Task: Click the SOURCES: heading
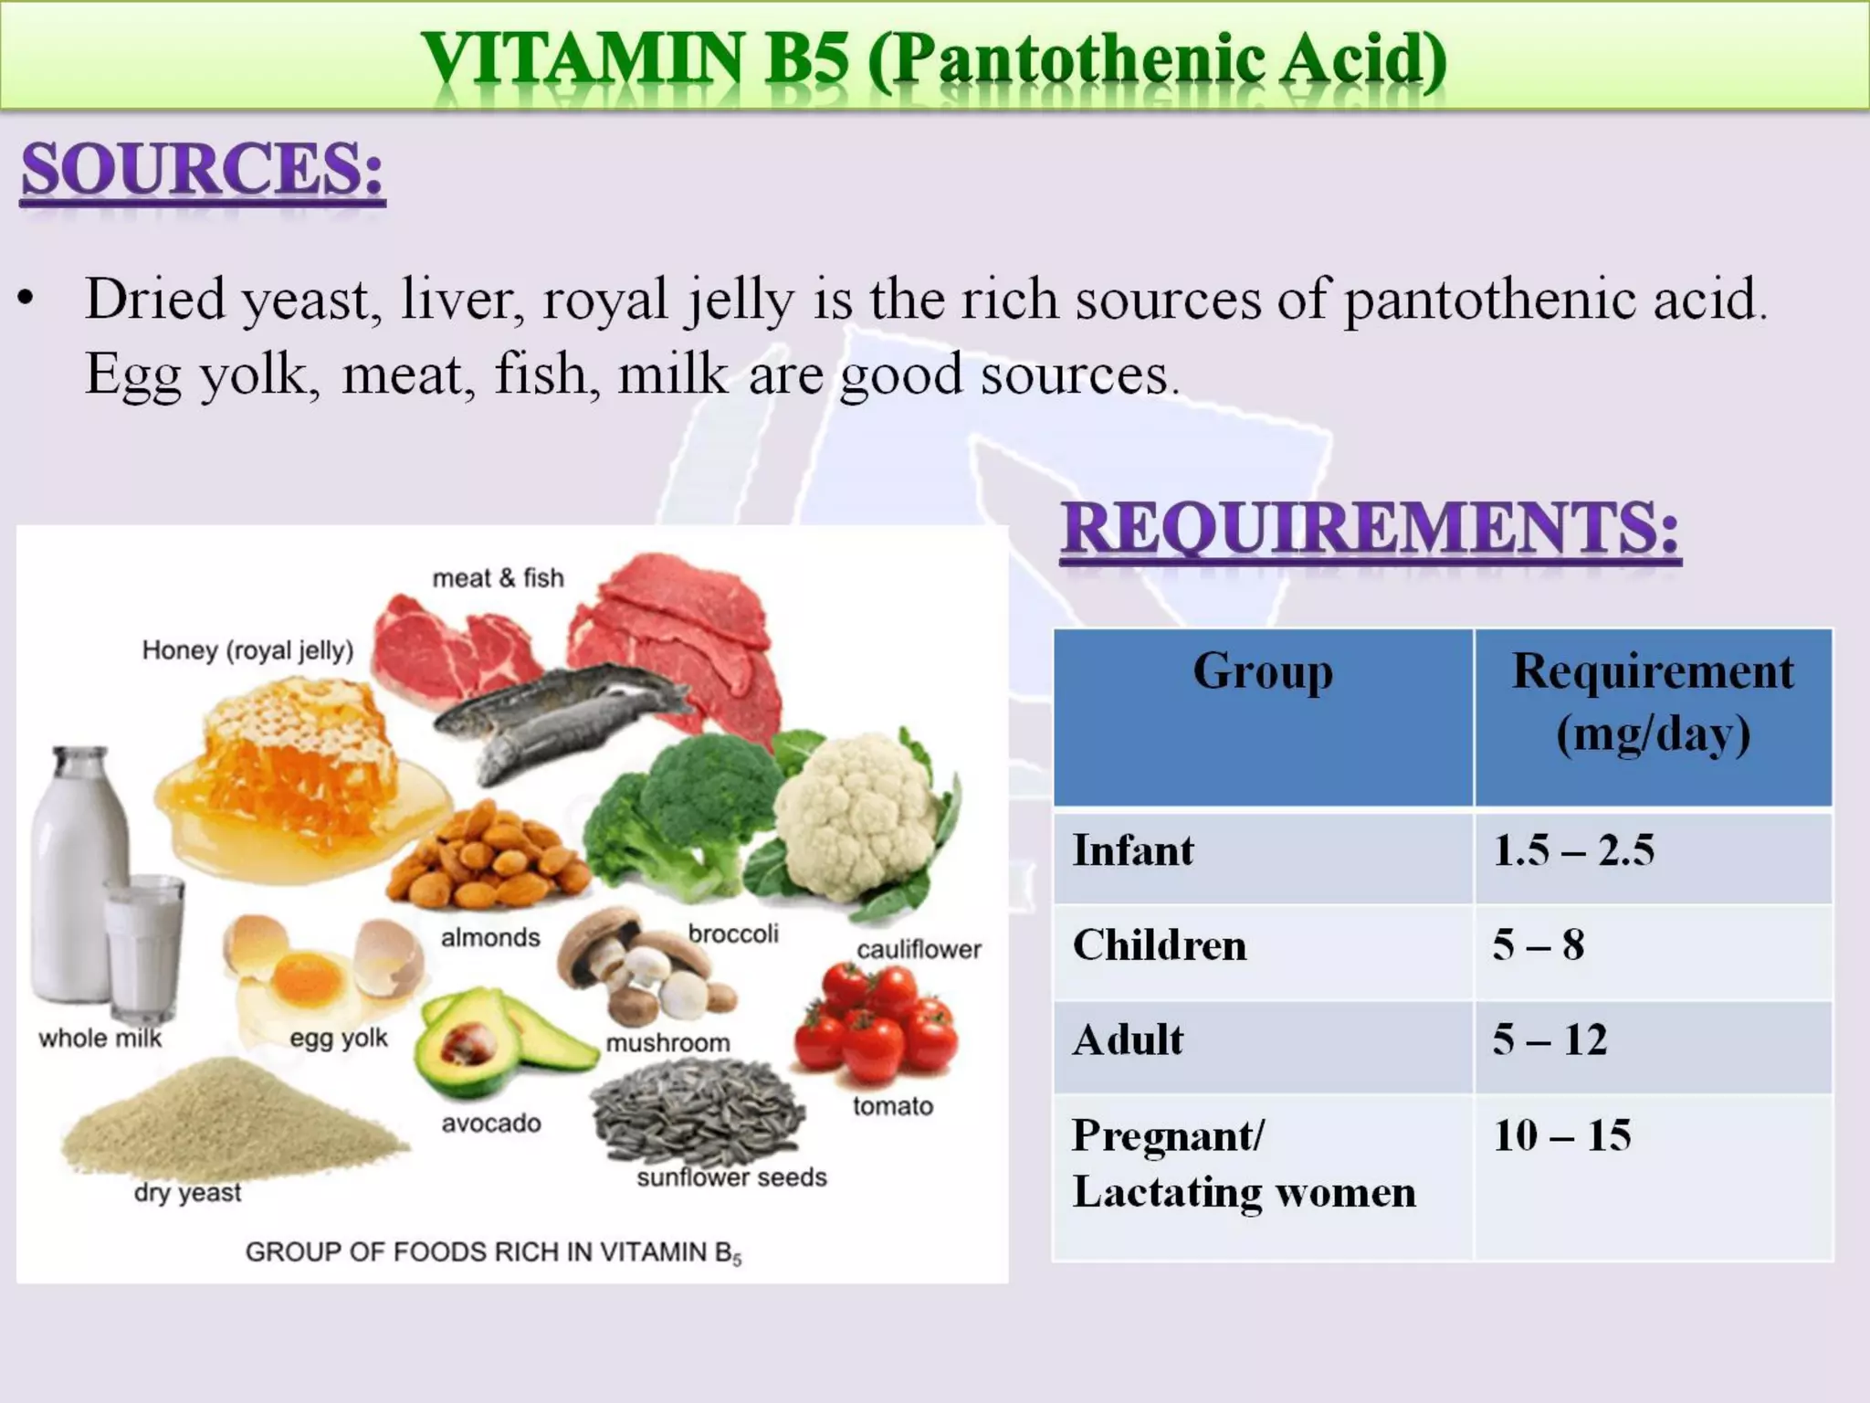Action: point(202,170)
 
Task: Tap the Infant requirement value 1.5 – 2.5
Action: point(1573,851)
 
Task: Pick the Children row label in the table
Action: point(1160,945)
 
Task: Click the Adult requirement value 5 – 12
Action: point(1550,1040)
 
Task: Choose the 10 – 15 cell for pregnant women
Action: point(1561,1136)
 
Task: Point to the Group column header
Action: point(1263,672)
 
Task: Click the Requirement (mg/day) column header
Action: point(1653,701)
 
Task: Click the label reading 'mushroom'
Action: point(667,1043)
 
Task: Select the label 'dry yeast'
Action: point(187,1193)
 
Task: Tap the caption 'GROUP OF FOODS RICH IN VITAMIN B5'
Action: point(493,1252)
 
